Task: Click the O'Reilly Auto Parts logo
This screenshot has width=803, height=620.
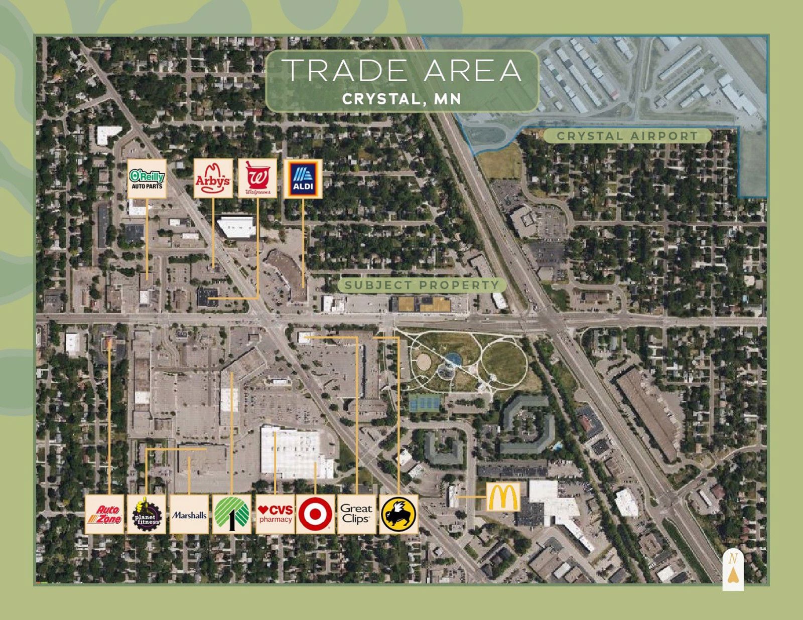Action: pos(147,179)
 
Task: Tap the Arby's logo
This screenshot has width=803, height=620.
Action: pos(213,179)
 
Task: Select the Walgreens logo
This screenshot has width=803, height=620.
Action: pos(257,179)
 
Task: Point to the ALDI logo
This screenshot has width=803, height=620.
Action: pos(303,179)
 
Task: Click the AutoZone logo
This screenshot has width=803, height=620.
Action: pos(104,514)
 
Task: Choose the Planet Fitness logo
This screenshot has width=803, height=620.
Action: pos(146,514)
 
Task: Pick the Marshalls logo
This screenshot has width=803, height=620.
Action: pos(189,514)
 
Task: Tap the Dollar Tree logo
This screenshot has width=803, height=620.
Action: pos(232,514)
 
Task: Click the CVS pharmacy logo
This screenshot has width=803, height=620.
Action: pos(275,514)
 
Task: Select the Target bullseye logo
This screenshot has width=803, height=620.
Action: pos(315,514)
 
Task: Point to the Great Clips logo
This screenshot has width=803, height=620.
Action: pos(356,514)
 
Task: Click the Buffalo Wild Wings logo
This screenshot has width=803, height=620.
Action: pos(398,514)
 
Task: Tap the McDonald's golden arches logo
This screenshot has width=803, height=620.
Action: pos(503,497)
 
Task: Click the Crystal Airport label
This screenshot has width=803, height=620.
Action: pos(627,136)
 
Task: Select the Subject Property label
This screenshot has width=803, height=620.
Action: pos(422,285)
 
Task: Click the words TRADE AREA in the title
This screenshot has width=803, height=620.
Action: pos(403,70)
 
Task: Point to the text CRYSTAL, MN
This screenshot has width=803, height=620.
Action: pos(401,99)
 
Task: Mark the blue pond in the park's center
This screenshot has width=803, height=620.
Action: pos(453,358)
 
